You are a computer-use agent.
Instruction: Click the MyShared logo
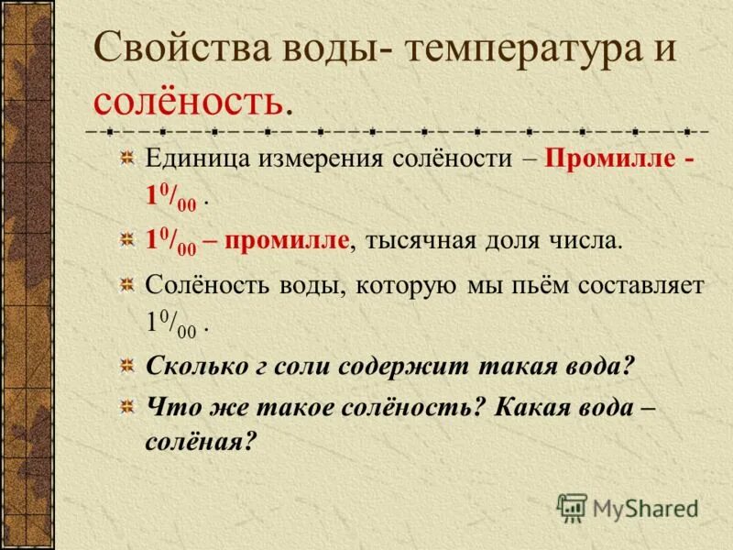point(629,508)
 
